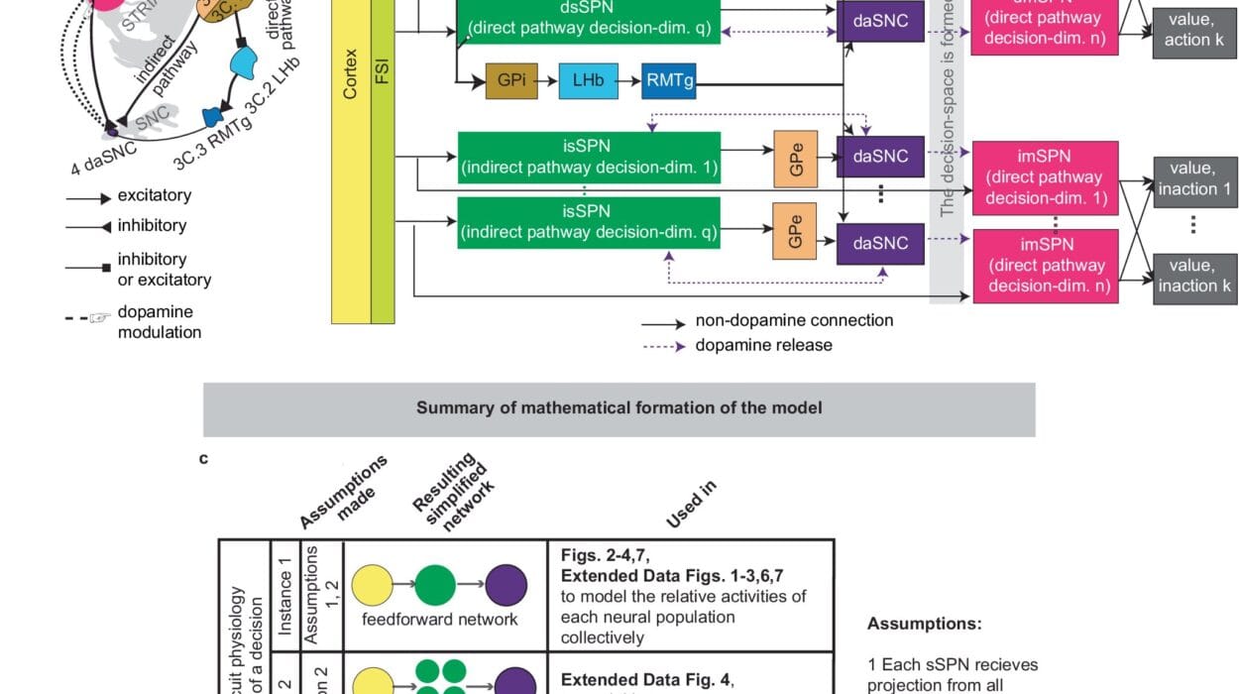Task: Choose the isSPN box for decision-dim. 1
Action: click(589, 157)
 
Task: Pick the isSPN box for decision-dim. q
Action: click(589, 223)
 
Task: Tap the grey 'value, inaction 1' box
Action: click(1193, 179)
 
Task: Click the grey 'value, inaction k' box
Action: click(1193, 276)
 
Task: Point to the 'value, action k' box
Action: click(1193, 30)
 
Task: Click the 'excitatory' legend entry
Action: click(154, 195)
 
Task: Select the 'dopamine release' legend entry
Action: click(764, 345)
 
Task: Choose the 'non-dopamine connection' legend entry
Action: click(794, 320)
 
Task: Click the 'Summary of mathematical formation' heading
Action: click(619, 407)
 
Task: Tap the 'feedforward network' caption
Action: click(440, 620)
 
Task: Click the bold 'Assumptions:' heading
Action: click(924, 625)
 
